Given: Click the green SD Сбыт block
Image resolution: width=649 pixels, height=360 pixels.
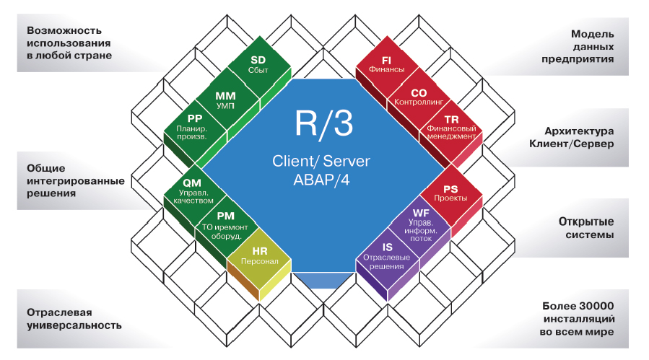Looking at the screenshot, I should (258, 66).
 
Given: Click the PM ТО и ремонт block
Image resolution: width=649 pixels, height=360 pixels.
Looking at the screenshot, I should (225, 222).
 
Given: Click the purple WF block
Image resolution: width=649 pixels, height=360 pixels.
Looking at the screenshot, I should (420, 223).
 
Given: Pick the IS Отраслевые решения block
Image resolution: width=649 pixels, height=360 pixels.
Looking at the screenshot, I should (387, 254).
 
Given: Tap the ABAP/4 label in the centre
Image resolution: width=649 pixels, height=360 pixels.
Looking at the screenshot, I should (322, 181).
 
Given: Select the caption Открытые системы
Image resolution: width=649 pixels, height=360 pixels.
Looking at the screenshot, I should (585, 228).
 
